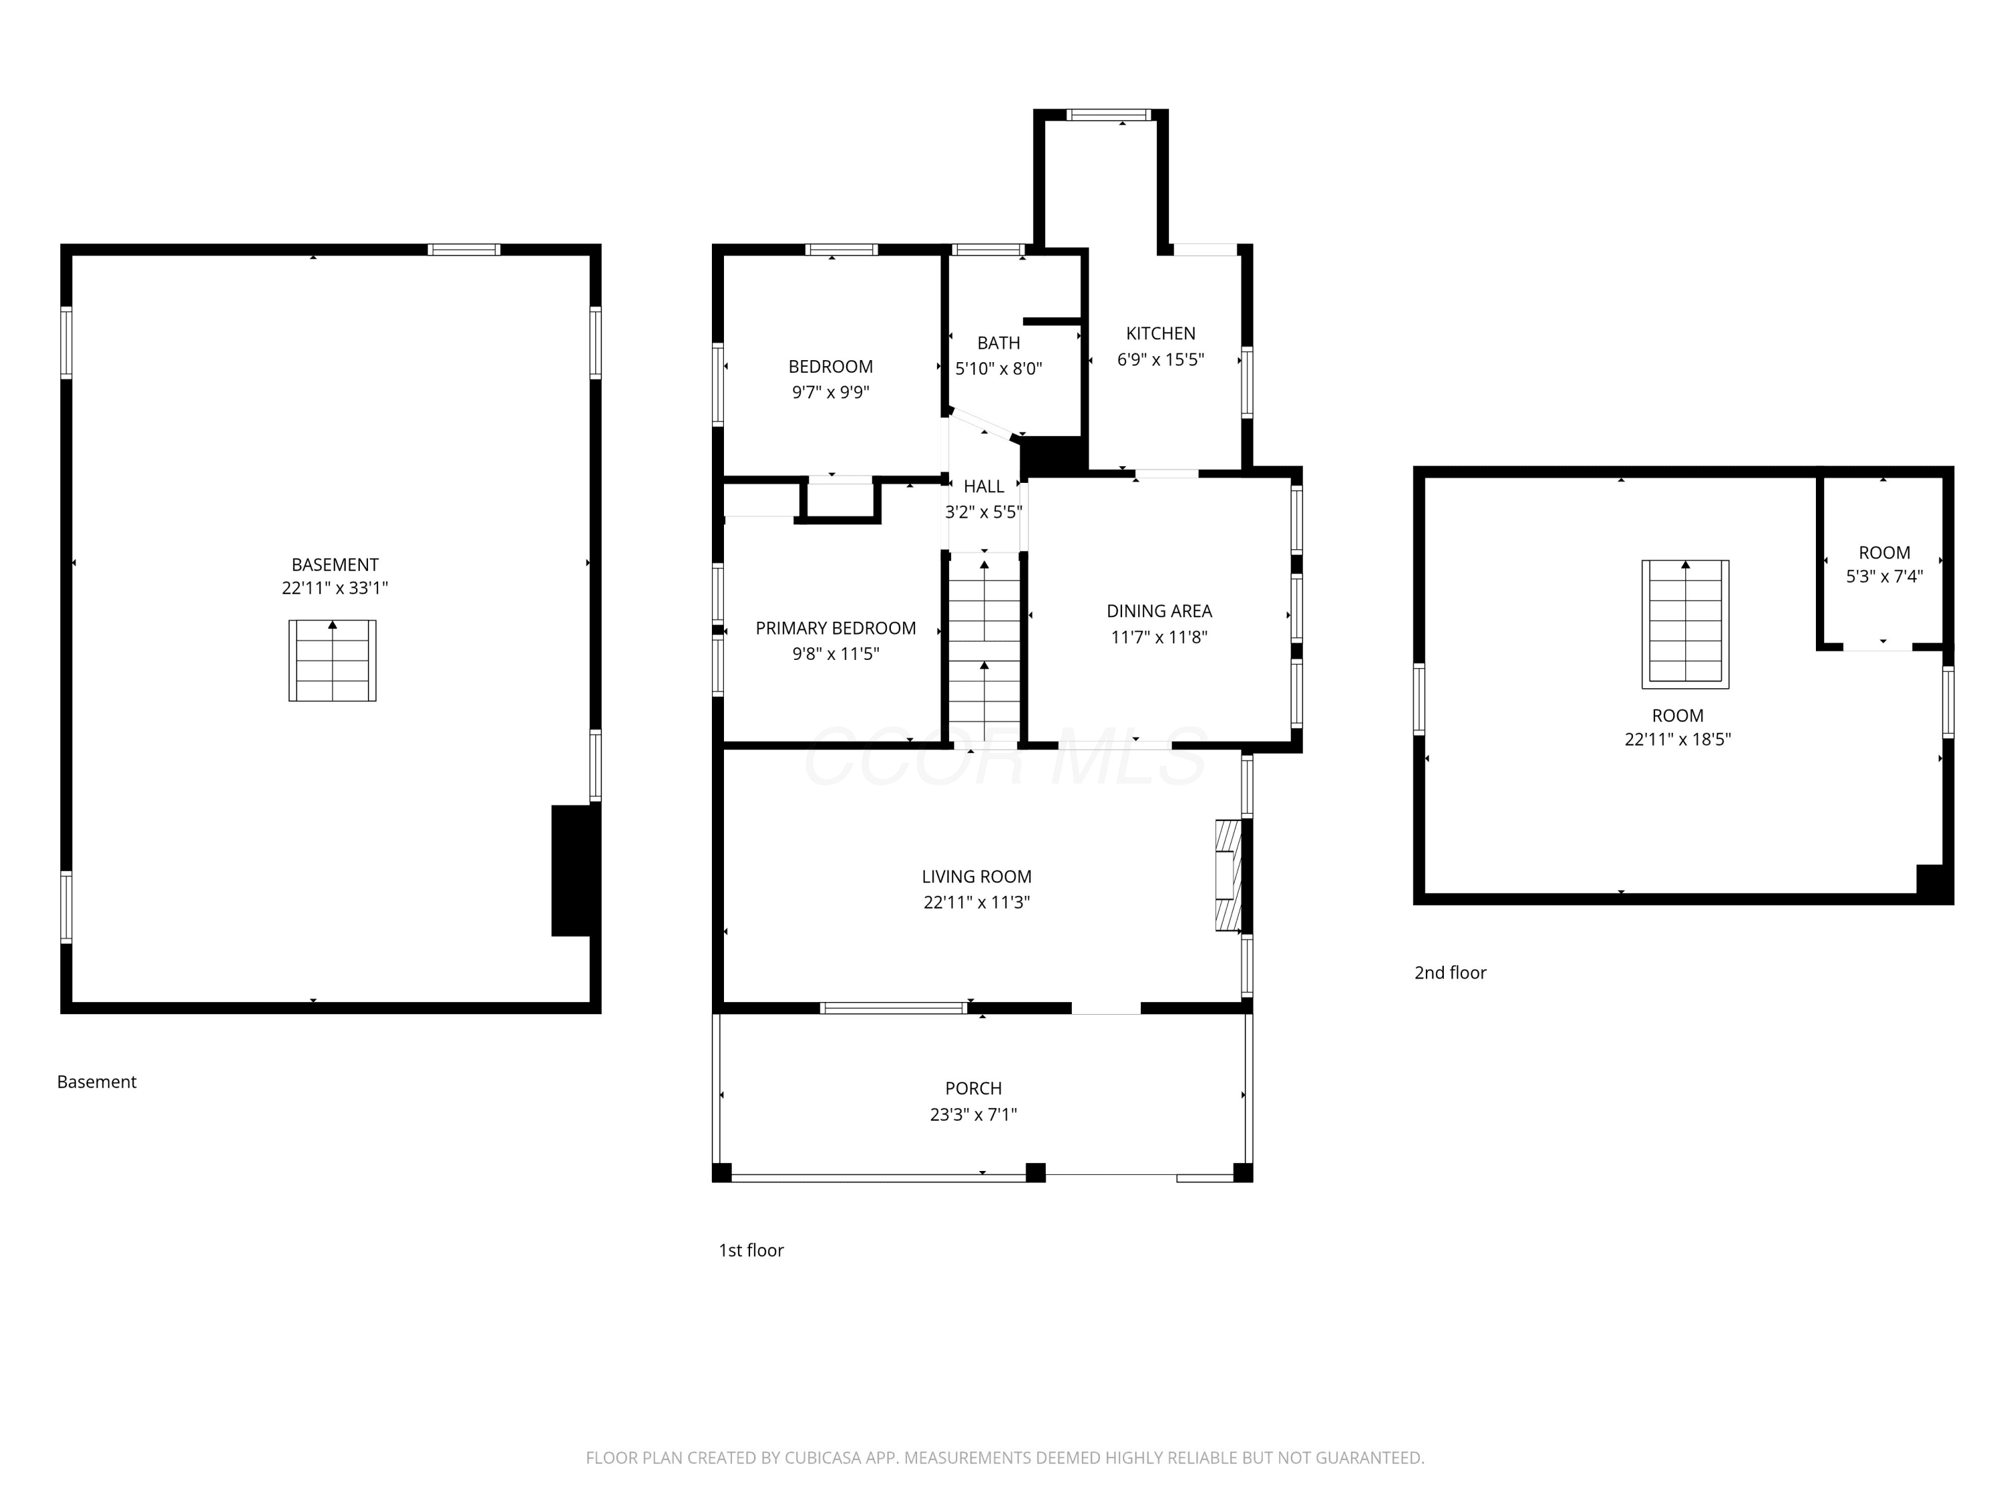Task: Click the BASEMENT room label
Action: [334, 565]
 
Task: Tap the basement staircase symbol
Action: [332, 661]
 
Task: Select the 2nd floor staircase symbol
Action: [1685, 624]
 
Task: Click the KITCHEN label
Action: [1161, 334]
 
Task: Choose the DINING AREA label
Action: [1159, 611]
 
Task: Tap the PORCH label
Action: [974, 1088]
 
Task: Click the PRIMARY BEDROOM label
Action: [835, 628]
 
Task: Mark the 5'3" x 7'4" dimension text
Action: [1884, 577]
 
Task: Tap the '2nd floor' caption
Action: [1450, 973]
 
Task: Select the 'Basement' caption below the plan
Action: [97, 1082]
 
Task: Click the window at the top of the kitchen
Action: [1108, 115]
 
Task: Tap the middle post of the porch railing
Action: [1036, 1172]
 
